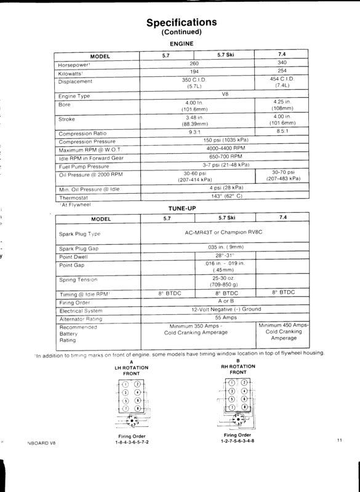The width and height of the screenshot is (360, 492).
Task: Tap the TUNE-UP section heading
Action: point(181,209)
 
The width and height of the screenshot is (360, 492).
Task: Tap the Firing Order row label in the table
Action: point(74,303)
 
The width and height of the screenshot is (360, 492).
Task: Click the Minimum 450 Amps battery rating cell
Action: point(284,331)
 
